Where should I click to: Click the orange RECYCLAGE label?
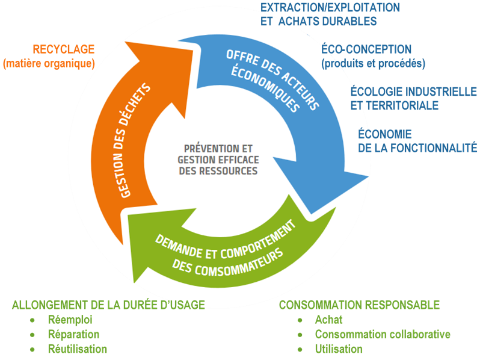click(63, 49)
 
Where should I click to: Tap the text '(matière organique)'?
click(49, 63)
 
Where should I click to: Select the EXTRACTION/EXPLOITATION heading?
click(330, 8)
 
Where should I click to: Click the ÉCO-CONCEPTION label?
click(366, 49)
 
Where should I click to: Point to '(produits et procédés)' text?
click(374, 63)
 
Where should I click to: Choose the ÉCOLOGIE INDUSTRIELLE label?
click(414, 92)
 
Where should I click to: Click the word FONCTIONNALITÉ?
click(433, 147)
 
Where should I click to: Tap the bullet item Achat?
click(328, 320)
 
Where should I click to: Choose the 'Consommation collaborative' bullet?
click(383, 334)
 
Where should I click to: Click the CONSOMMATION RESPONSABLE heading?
click(359, 305)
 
